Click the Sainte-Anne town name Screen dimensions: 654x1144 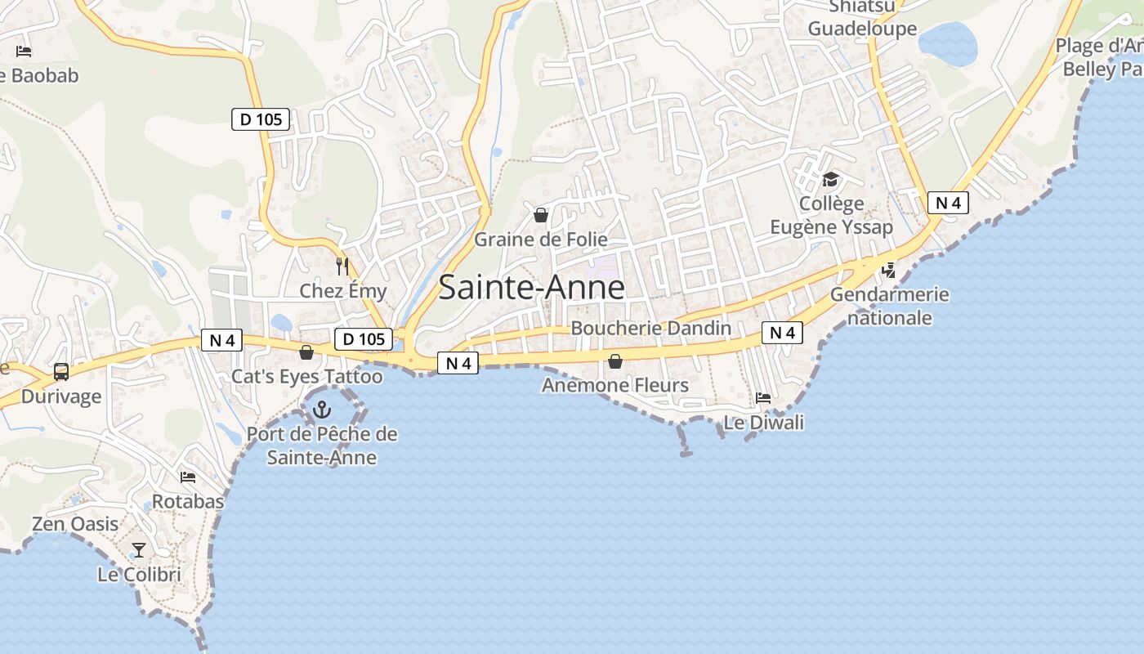532,288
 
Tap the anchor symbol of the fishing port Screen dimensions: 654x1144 323,409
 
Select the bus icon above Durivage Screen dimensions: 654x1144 61,372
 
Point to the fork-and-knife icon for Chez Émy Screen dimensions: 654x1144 342,266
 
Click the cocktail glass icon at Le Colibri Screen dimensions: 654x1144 139,549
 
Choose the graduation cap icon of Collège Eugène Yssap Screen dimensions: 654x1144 830,180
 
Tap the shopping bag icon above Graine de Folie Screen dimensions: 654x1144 540,215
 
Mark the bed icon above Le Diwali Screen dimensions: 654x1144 763,398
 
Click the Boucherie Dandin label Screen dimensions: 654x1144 650,328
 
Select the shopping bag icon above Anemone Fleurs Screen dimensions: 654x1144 615,361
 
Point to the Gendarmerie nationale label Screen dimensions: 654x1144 890,306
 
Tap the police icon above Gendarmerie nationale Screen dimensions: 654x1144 889,269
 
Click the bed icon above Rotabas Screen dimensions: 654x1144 188,477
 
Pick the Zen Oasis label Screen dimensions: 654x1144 75,524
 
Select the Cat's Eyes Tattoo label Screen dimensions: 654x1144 306,376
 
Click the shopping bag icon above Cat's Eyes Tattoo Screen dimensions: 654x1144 306,352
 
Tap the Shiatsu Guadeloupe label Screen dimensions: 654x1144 862,18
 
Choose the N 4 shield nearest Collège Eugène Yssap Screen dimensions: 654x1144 948,203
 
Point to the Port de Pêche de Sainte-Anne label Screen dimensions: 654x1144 322,446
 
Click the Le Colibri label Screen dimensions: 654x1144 139,575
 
